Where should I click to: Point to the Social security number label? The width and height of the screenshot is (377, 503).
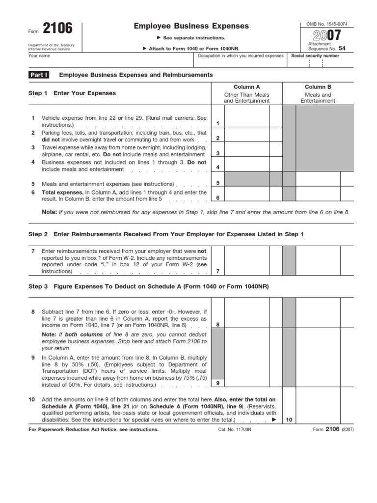coord(315,56)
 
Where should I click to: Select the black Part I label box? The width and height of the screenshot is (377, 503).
coord(40,75)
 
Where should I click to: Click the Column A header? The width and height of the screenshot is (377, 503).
coord(246,86)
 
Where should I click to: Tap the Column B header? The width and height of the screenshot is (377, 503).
coord(318,86)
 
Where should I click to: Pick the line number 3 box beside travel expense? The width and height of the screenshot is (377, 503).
coord(217,153)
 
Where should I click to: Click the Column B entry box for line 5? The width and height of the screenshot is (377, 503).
coord(318,180)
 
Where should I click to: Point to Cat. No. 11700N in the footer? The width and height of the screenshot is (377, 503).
coord(234,429)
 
